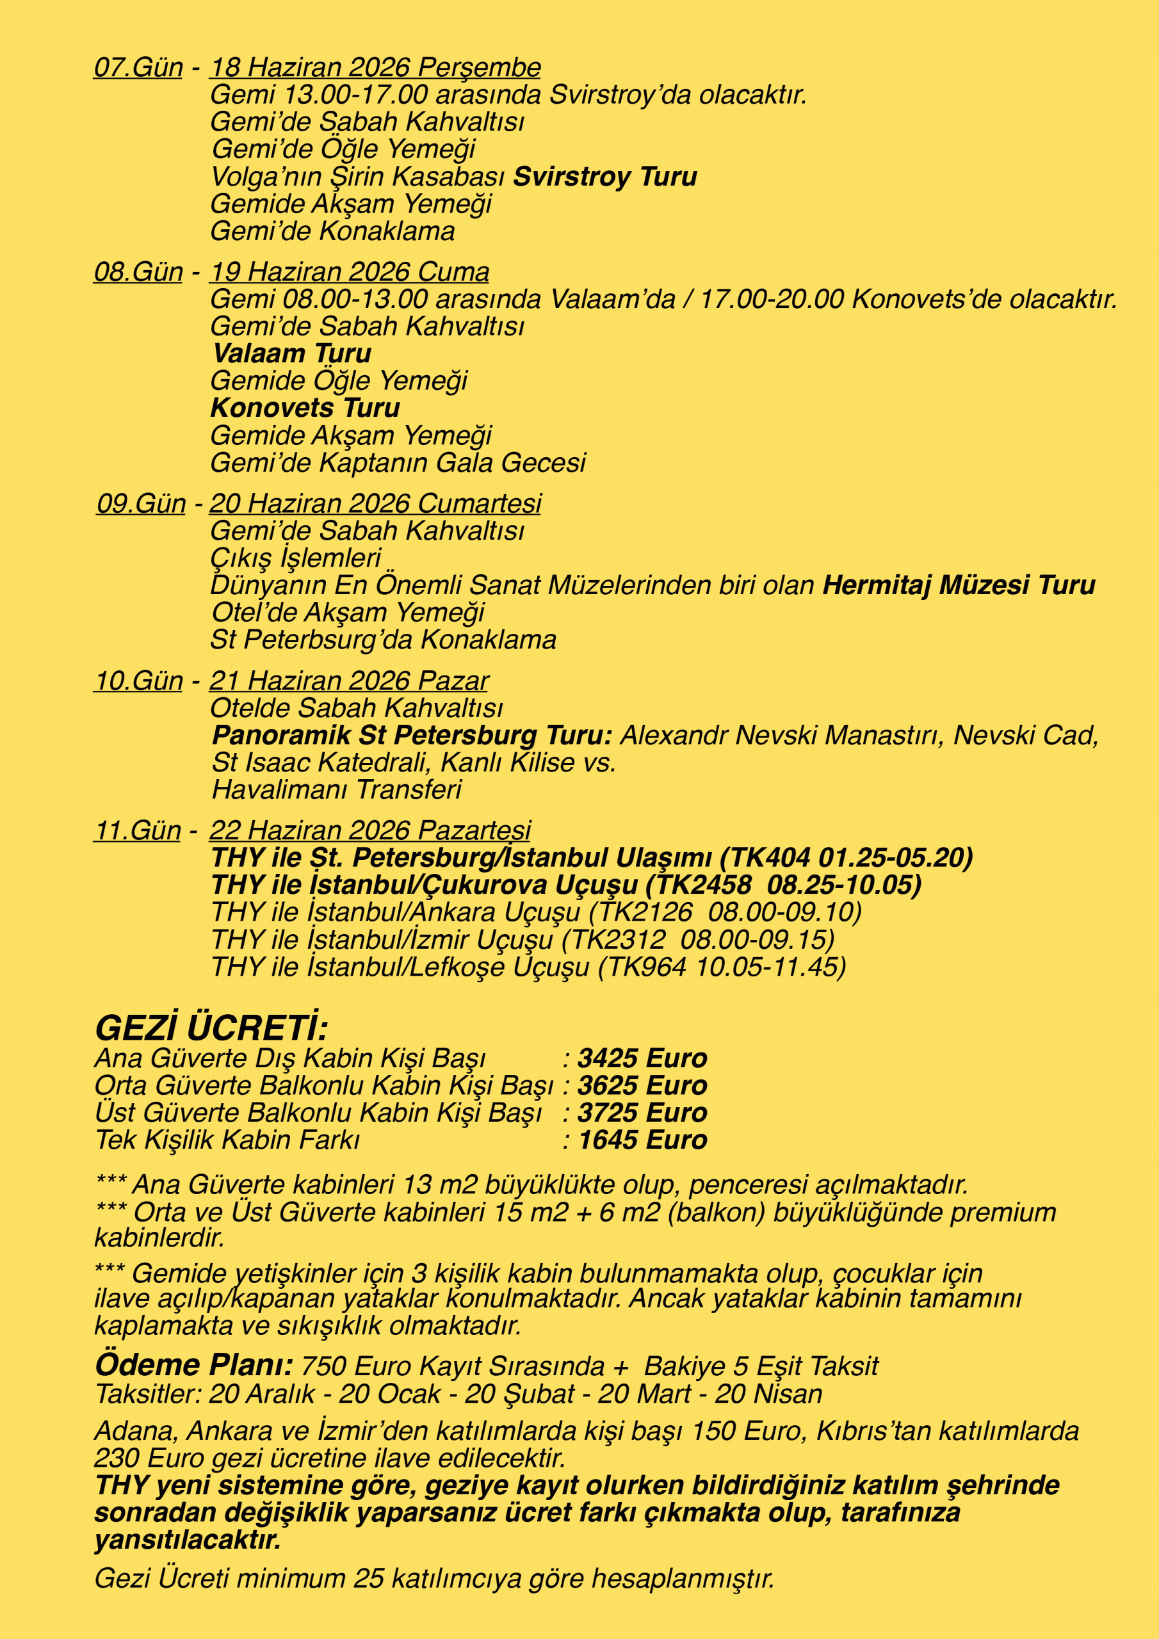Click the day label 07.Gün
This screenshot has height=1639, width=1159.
point(138,68)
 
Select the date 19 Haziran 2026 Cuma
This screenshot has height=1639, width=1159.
point(349,272)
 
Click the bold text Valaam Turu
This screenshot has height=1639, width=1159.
point(292,354)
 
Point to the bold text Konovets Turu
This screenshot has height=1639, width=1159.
point(305,408)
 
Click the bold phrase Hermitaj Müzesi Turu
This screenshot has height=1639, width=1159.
point(959,585)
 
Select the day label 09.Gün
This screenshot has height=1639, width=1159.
point(142,504)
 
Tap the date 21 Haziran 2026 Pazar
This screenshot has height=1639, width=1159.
point(348,681)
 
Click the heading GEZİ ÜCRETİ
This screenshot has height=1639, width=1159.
point(211,1029)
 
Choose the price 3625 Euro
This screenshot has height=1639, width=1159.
point(642,1086)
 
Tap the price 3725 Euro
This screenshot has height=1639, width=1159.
point(642,1113)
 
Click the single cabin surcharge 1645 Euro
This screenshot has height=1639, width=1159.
point(642,1140)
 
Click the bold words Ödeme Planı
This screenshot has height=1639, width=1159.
point(194,1366)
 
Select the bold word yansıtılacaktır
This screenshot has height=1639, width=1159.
point(188,1540)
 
